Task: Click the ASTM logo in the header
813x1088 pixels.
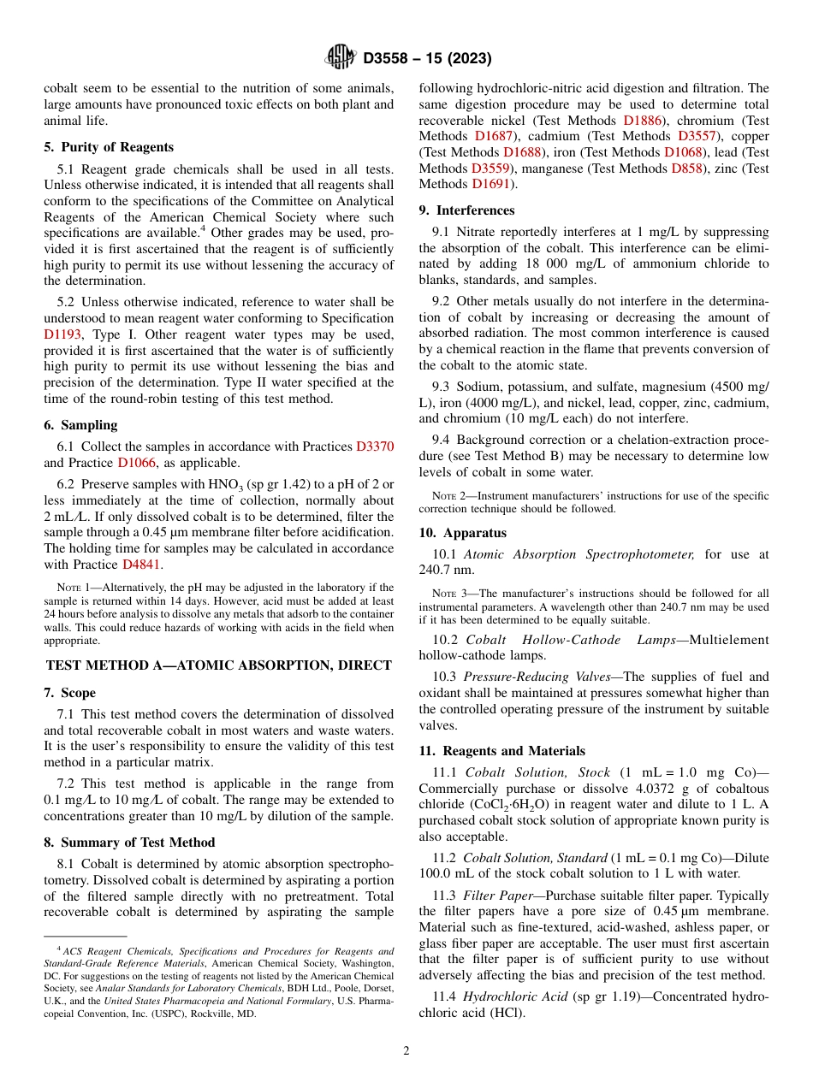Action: tap(341, 58)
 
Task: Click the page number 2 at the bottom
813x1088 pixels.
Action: tap(406, 1050)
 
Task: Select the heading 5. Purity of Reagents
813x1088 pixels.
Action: tap(109, 147)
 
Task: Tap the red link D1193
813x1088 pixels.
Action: tap(62, 335)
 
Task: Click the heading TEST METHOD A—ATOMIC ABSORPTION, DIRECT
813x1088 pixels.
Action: tap(219, 665)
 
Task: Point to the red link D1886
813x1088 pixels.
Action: tap(643, 121)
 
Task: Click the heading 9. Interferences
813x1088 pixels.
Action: tap(466, 210)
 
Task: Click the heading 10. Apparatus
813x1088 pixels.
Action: tap(462, 533)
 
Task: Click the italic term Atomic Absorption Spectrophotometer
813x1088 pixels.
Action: tap(579, 554)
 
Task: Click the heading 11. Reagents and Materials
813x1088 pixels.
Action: tap(501, 751)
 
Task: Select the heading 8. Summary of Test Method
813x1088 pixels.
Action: tap(130, 843)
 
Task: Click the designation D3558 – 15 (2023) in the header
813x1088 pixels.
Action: tap(427, 58)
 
